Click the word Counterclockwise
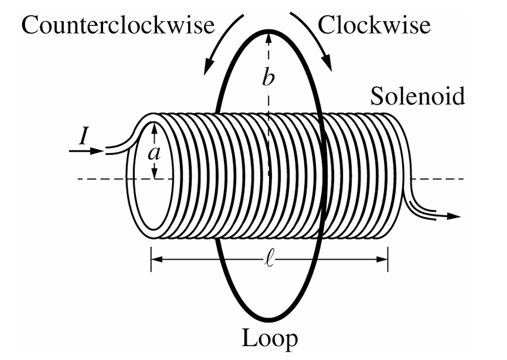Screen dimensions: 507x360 point(118,25)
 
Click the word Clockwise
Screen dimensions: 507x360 point(374,25)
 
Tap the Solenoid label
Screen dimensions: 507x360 point(417,96)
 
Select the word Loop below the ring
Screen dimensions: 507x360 point(270,339)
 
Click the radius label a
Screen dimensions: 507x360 point(154,154)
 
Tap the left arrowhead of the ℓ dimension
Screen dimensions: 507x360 point(157,259)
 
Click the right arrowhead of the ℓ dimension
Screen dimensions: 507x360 point(382,259)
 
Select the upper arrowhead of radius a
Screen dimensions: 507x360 point(155,128)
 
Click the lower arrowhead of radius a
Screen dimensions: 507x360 point(155,172)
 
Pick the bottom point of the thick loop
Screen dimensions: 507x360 point(269,321)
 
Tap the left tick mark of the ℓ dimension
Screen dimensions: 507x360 point(151,259)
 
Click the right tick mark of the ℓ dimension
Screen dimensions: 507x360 point(388,259)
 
